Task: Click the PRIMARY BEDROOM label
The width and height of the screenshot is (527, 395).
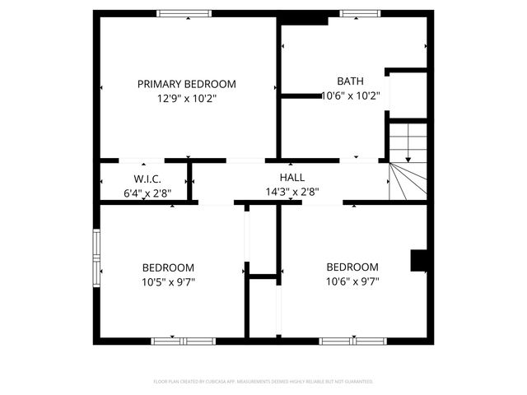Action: pos(186,84)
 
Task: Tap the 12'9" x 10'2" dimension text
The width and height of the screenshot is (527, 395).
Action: pos(186,97)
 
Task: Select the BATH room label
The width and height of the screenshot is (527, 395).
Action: pos(350,81)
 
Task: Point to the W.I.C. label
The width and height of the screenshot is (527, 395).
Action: pos(147,179)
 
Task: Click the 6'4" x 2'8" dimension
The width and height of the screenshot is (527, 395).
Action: pos(147,193)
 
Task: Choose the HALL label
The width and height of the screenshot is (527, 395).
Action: pos(291,178)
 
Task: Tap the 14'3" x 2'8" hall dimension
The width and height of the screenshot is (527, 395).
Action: pos(291,192)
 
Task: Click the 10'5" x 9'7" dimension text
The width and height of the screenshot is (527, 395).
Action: pos(168,281)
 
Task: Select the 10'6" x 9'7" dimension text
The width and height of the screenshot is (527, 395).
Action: pos(352,281)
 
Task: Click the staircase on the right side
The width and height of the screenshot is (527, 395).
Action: pos(408,161)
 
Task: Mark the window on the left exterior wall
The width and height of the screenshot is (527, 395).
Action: pos(97,256)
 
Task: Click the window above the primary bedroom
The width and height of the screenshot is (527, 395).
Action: pos(184,13)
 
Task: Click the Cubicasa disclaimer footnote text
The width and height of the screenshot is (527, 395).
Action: pos(263,382)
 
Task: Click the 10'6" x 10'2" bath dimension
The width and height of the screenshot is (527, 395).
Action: pos(350,95)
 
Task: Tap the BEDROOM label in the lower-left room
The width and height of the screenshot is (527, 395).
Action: pos(168,267)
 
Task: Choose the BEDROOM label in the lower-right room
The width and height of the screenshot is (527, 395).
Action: pos(352,267)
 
